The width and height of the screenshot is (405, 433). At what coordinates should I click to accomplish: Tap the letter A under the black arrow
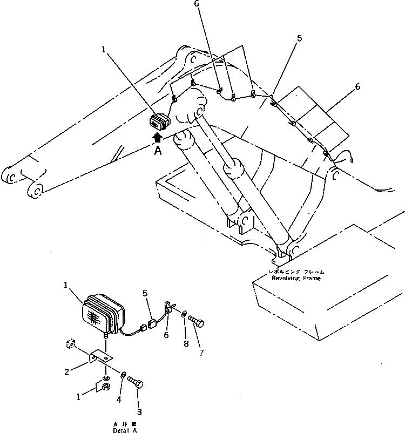158,152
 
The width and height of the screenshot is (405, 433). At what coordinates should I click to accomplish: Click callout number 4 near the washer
118,401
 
